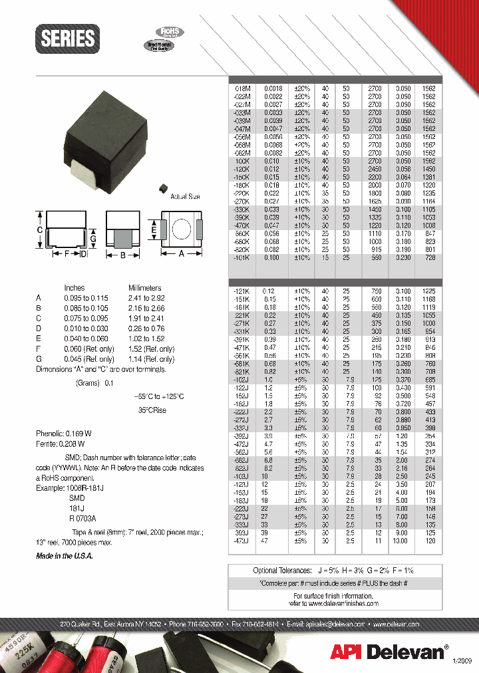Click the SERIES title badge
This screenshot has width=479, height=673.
[x=68, y=39]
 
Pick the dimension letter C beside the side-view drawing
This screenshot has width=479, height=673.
[x=39, y=229]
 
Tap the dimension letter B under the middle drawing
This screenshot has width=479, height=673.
[x=123, y=253]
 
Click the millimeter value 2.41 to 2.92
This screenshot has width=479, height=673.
[x=148, y=299]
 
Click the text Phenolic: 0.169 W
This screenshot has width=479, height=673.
[x=64, y=433]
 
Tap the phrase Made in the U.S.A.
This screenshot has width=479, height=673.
[x=65, y=556]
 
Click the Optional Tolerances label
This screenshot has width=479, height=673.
[x=282, y=571]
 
